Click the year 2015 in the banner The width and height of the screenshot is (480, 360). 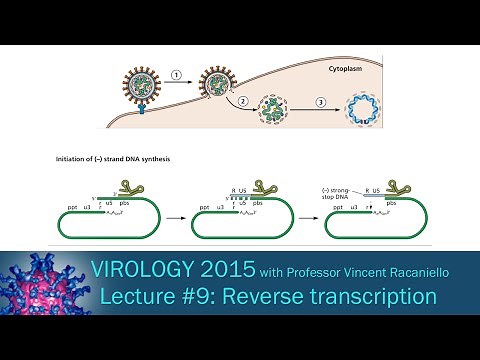tap(249, 270)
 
